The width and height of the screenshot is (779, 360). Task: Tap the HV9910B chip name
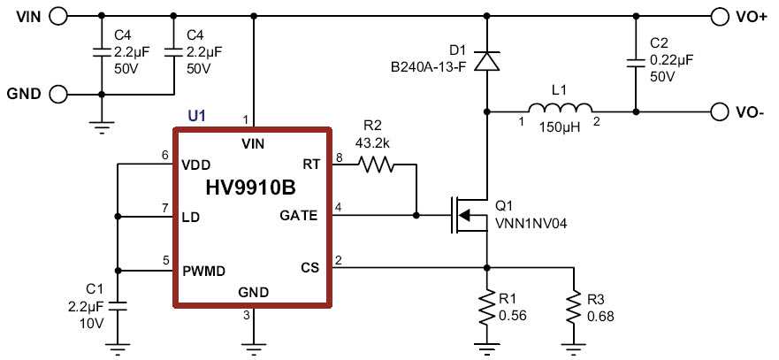tap(249, 188)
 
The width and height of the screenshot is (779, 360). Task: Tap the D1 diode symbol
tap(485, 61)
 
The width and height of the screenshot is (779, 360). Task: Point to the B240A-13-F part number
tap(428, 66)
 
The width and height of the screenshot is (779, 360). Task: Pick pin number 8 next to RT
tap(338, 157)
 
